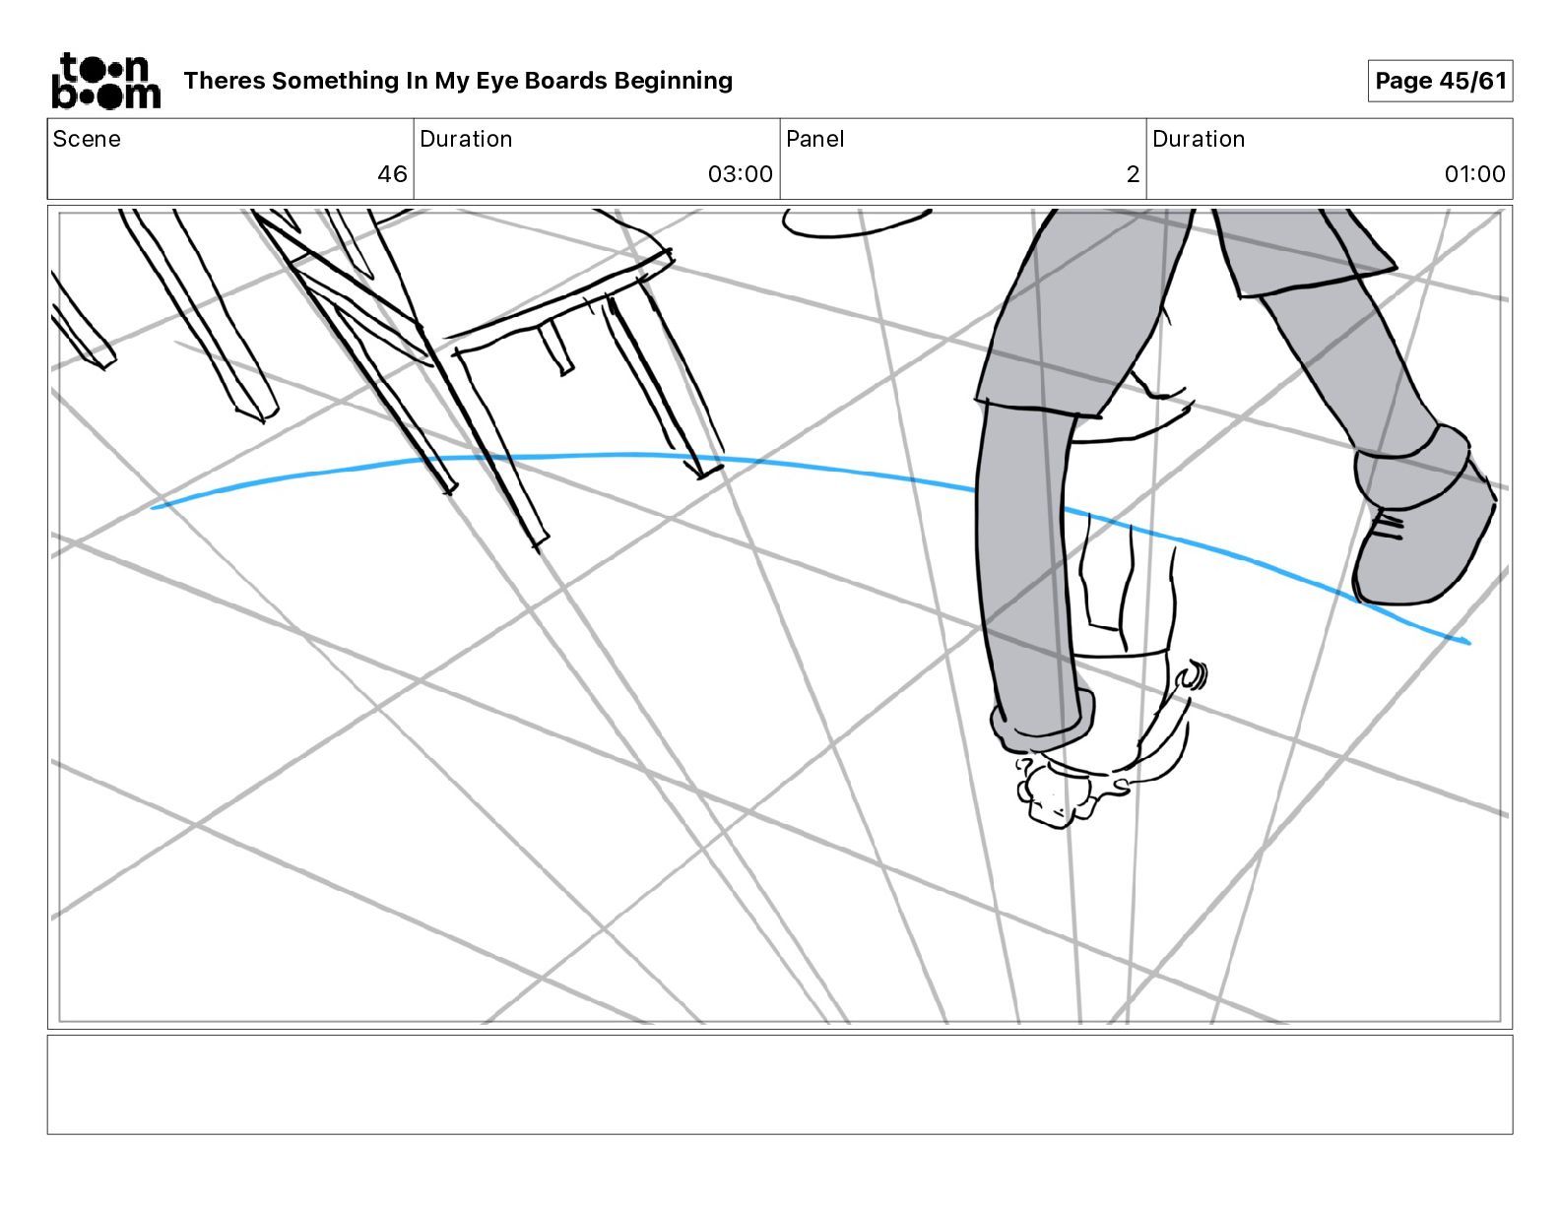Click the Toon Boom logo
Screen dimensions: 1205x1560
pyautogui.click(x=105, y=81)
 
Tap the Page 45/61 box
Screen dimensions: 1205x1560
pyautogui.click(x=1440, y=81)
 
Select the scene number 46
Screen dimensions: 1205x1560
pyautogui.click(x=392, y=174)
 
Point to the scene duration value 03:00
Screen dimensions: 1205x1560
pyautogui.click(x=740, y=174)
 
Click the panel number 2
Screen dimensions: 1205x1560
pyautogui.click(x=1133, y=174)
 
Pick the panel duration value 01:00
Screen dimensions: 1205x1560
pyautogui.click(x=1474, y=174)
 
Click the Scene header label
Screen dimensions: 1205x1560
pyautogui.click(x=87, y=139)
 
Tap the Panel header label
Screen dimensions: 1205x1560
pyautogui.click(x=814, y=139)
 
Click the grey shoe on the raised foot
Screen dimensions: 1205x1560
pyautogui.click(x=1423, y=532)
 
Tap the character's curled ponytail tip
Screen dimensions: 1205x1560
pyautogui.click(x=1194, y=675)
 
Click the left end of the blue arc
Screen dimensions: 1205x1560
pyautogui.click(x=155, y=508)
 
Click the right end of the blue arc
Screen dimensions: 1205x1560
pyautogui.click(x=1466, y=642)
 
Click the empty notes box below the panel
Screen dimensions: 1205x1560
pyautogui.click(x=779, y=1084)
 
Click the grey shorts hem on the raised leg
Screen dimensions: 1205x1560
pyautogui.click(x=1315, y=281)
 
